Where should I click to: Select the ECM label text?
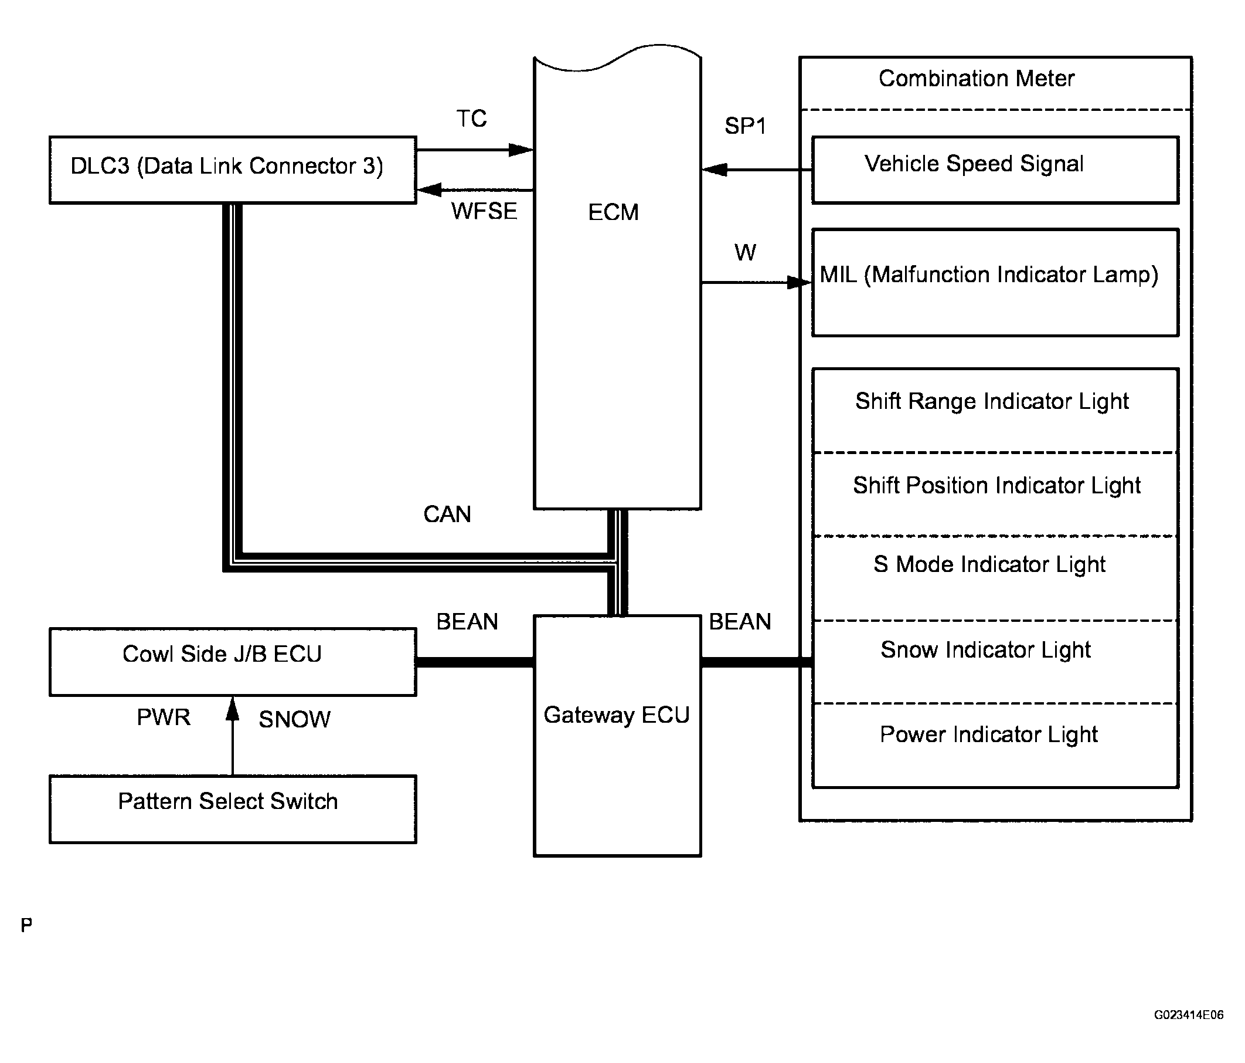(613, 212)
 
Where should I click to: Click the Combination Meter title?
(977, 79)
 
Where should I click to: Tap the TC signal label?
(472, 119)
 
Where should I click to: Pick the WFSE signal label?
(484, 211)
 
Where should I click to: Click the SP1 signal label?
(745, 126)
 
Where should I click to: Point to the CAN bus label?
(447, 514)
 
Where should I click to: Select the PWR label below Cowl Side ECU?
(164, 717)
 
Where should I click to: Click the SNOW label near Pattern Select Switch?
(294, 719)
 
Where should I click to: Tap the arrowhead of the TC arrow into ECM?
(521, 150)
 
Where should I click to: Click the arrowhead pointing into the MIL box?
(800, 283)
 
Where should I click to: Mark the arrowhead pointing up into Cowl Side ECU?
(233, 708)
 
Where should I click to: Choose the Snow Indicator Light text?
(985, 650)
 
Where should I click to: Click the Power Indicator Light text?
(988, 734)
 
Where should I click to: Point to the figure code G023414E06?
(1189, 1015)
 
